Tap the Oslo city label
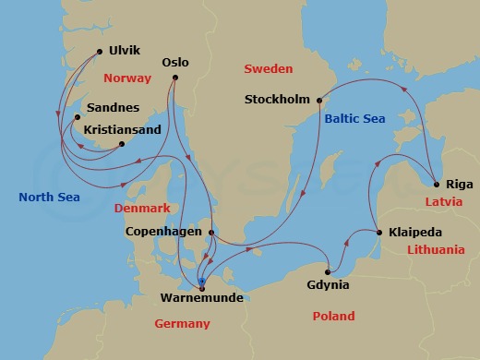pyautogui.click(x=174, y=63)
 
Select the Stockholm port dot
pyautogui.click(x=318, y=100)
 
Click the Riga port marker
pyautogui.click(x=434, y=183)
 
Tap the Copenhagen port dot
pyautogui.click(x=211, y=233)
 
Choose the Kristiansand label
pyautogui.click(x=125, y=131)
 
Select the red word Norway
pyautogui.click(x=127, y=78)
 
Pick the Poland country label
pyautogui.click(x=332, y=317)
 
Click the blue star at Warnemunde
pyautogui.click(x=201, y=281)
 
